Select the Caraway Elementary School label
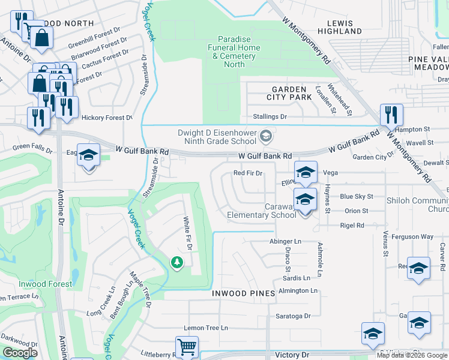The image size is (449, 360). click(261, 211)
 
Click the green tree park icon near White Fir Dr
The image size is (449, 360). click(176, 262)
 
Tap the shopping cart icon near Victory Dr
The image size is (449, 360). click(187, 347)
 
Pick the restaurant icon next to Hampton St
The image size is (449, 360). click(391, 114)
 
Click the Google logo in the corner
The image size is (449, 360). click(20, 353)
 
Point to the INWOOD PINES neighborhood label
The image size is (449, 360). click(243, 293)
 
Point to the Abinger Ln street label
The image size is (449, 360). click(285, 241)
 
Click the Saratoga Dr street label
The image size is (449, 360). click(293, 316)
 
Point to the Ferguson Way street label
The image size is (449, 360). click(412, 237)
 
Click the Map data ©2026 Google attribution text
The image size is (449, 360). click(411, 355)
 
